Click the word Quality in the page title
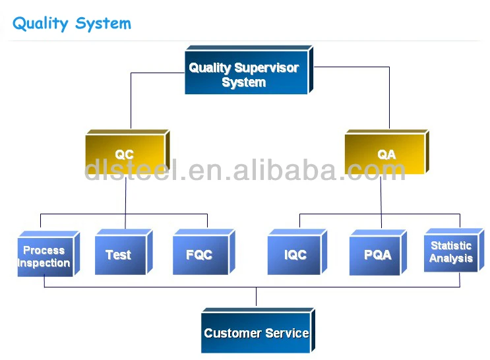(x=40, y=24)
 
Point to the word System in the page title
(x=103, y=24)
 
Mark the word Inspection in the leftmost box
(x=44, y=263)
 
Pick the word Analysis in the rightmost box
(x=451, y=258)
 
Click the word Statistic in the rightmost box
(x=451, y=245)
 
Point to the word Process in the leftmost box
(x=44, y=250)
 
